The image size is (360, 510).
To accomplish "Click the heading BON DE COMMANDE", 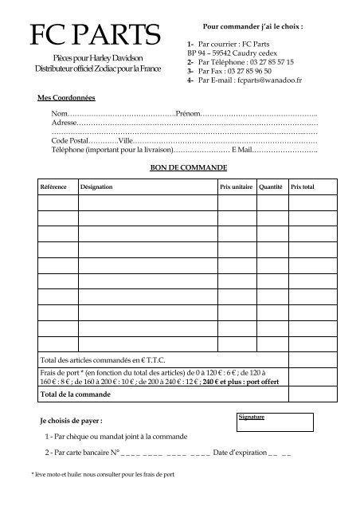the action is pyautogui.click(x=189, y=168).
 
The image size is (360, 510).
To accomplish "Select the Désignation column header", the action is pyautogui.click(x=96, y=186).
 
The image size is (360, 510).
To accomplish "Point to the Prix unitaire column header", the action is pyautogui.click(x=236, y=186).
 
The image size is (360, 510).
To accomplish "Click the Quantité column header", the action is pyautogui.click(x=271, y=186).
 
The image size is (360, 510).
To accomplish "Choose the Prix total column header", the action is pyautogui.click(x=303, y=186).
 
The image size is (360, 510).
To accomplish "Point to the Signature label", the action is pyautogui.click(x=252, y=417).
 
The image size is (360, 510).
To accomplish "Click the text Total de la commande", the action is pyautogui.click(x=76, y=394).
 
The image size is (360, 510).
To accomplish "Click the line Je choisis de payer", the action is pyautogui.click(x=70, y=420).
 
